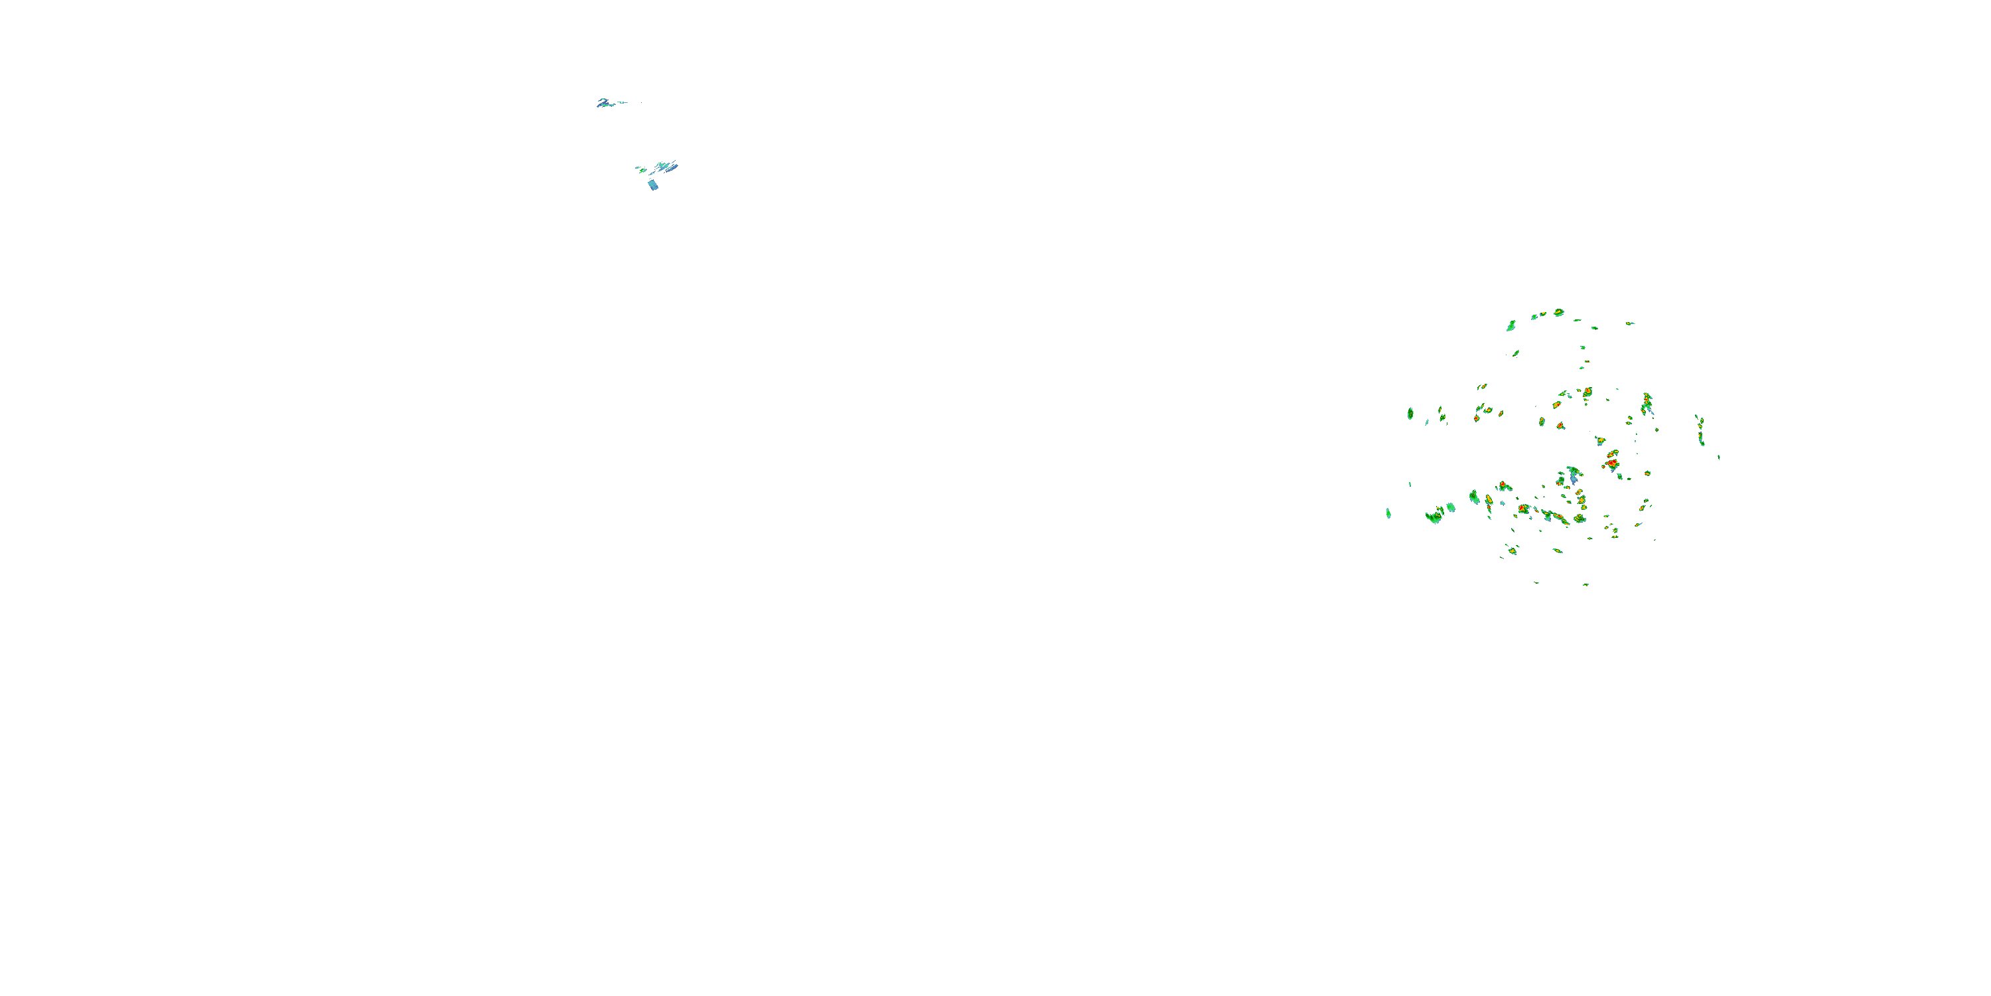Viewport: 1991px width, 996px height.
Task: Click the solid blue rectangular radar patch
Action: (x=653, y=185)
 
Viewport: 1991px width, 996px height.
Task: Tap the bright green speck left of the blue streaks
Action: (x=639, y=168)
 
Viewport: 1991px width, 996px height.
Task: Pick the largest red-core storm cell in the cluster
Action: (x=1612, y=462)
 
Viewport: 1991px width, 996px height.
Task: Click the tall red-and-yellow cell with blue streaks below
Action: (x=1647, y=403)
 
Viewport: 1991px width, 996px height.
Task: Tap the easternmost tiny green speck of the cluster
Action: (x=1719, y=457)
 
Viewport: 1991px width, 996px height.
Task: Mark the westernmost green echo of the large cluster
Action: (x=1389, y=513)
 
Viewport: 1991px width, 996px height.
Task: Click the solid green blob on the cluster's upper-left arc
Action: (x=1511, y=326)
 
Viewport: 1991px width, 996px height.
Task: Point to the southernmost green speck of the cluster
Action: (x=1585, y=584)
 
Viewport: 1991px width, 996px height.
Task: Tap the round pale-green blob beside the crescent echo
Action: (x=1451, y=507)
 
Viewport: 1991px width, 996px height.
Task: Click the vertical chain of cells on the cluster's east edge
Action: (x=1700, y=430)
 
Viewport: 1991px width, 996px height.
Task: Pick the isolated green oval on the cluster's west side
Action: (x=1410, y=414)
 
